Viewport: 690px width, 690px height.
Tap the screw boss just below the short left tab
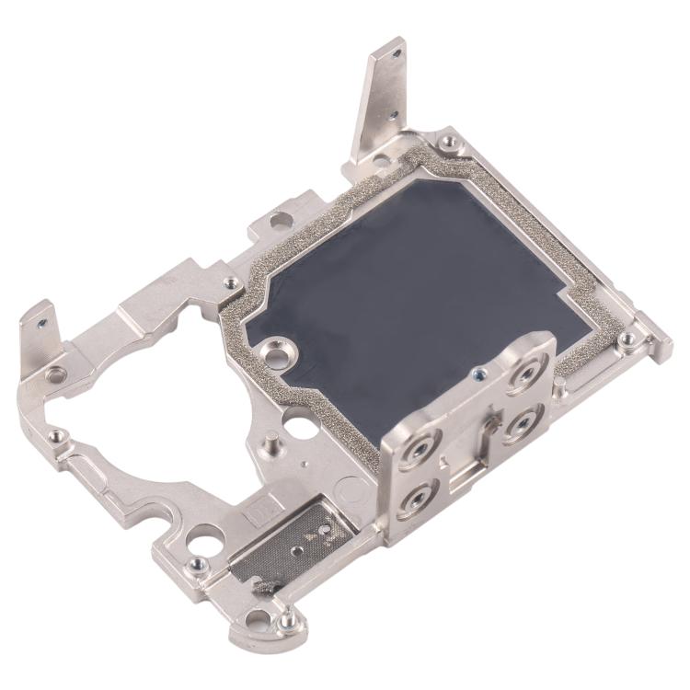tap(58, 374)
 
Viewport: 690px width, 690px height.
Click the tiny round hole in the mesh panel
tap(297, 549)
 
